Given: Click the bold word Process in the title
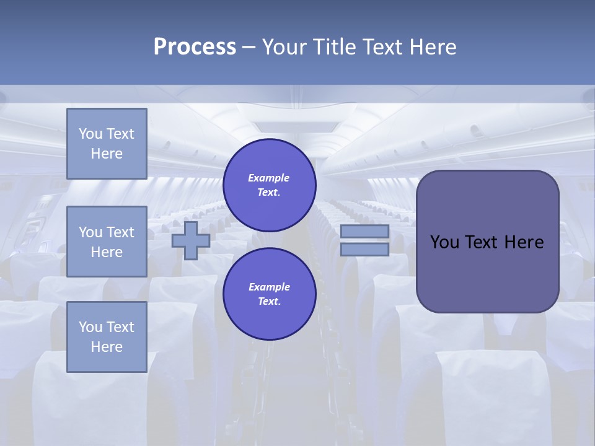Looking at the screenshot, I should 195,47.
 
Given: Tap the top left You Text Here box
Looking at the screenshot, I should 107,144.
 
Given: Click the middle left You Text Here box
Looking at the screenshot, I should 107,242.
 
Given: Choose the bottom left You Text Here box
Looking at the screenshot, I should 107,337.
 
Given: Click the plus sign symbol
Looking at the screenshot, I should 190,240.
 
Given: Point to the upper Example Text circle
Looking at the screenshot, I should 269,185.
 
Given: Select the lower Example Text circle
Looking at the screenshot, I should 269,294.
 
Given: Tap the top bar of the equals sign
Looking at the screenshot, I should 364,232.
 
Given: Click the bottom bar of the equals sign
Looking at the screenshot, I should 364,249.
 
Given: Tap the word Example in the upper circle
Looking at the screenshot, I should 269,178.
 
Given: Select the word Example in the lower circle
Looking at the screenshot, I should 269,287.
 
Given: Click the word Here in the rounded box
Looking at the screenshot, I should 524,242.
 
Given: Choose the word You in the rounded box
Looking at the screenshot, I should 444,242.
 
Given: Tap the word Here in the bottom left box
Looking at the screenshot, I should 107,347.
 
